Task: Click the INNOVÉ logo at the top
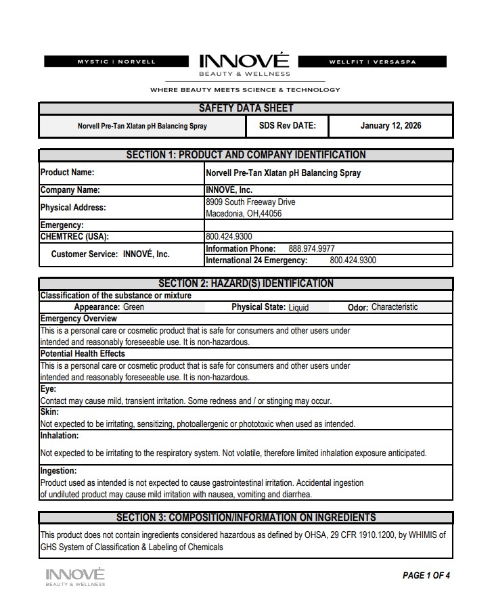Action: click(244, 64)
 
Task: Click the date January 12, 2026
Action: click(390, 126)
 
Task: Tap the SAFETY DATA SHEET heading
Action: click(246, 108)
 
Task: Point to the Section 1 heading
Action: click(246, 155)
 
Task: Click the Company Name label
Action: click(70, 190)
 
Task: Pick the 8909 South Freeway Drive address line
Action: click(250, 202)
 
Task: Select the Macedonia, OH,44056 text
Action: click(244, 214)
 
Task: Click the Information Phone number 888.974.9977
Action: click(311, 249)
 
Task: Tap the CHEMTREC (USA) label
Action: click(74, 237)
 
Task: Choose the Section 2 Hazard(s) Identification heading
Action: click(246, 284)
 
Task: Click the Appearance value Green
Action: click(133, 307)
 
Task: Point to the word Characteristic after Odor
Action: click(395, 307)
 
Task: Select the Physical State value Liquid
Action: click(298, 307)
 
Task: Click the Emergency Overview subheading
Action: click(78, 319)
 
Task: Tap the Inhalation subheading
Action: click(60, 436)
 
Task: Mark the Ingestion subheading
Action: click(58, 471)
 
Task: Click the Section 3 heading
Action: click(246, 518)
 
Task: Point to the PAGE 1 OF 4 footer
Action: click(426, 576)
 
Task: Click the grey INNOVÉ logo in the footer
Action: click(75, 576)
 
